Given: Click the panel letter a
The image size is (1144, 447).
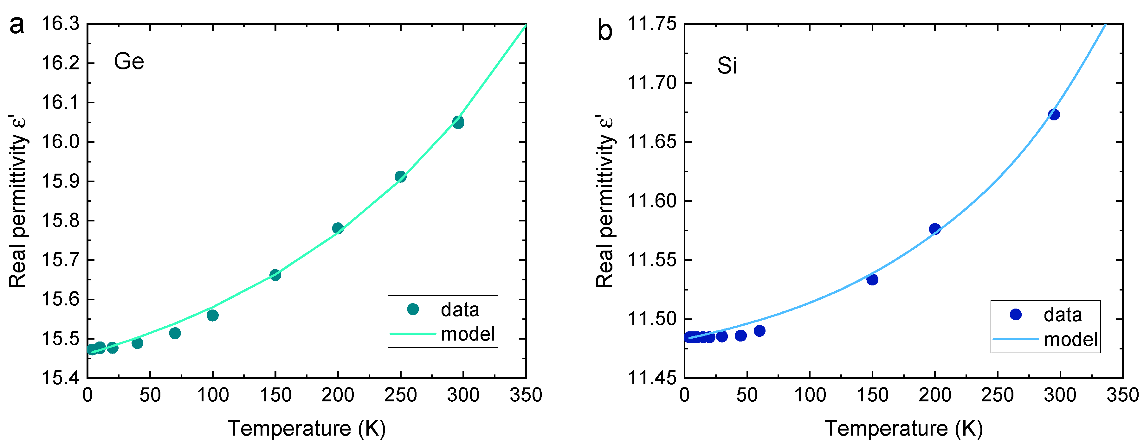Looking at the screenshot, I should pos(17,26).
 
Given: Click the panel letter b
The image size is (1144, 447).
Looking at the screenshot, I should pos(604,31).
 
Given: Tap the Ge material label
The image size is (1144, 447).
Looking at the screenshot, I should pos(129,61).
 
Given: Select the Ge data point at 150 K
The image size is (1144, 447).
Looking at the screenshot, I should pos(275,275).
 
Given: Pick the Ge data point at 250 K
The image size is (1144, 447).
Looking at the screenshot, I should pos(401,177).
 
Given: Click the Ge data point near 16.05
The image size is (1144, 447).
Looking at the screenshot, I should pos(458,122).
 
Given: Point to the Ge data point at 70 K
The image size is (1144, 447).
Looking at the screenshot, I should pos(175,333).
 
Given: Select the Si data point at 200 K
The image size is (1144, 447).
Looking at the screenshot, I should pos(935,229).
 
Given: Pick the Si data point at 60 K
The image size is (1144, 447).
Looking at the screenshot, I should pos(759,331).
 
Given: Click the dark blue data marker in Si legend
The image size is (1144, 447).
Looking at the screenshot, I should pos(1016,314).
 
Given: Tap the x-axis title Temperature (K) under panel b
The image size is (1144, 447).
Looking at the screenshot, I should pos(903,428).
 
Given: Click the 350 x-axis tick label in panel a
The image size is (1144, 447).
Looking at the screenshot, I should pos(526,395).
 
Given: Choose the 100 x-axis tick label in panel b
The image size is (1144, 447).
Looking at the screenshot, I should pos(810,395).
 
